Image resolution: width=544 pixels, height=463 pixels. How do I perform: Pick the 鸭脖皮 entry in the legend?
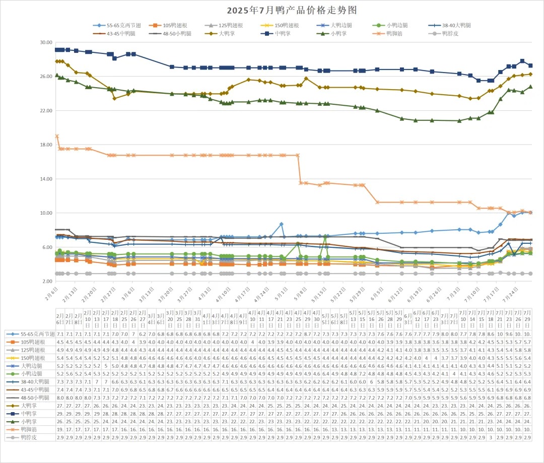[450, 34]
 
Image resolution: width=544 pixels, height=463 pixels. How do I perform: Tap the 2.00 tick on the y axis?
[46, 281]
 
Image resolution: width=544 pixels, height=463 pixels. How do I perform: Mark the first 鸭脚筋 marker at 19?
[57, 136]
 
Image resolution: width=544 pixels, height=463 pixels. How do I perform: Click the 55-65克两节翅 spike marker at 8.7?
[282, 224]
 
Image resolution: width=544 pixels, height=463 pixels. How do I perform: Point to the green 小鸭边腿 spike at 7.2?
[326, 237]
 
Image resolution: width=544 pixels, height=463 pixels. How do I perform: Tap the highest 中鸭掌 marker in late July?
[522, 61]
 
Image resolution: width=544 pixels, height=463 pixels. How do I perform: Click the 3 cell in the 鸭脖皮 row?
[491, 437]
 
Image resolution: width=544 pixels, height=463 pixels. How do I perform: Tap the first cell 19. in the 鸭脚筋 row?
[60, 429]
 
